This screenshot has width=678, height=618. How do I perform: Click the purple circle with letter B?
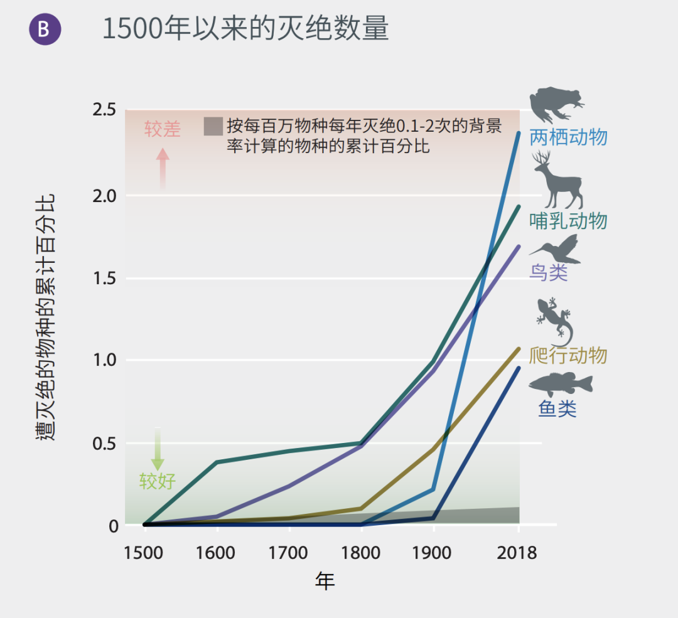point(45,29)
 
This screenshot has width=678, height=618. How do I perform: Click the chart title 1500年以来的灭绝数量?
point(245,29)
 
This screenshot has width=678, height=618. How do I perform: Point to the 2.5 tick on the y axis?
point(104,110)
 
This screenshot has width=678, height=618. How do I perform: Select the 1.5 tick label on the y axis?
point(104,279)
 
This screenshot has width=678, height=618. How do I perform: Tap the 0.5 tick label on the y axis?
point(104,444)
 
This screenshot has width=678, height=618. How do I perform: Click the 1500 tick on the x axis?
point(144,553)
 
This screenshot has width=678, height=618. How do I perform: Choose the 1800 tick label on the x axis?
point(361,553)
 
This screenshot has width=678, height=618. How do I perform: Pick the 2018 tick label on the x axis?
point(518,553)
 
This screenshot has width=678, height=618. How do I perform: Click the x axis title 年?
point(325,581)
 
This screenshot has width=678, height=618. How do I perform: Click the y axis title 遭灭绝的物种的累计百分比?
point(46,317)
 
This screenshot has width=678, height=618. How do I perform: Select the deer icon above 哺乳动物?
point(557,180)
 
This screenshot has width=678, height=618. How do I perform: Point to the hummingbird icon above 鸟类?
point(555,250)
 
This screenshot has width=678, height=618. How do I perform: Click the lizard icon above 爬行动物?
point(554,320)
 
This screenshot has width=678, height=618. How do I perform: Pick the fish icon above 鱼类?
point(560,384)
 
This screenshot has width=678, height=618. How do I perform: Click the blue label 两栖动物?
point(568,137)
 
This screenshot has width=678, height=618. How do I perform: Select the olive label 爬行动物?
point(568,356)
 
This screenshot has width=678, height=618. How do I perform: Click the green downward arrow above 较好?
point(158,449)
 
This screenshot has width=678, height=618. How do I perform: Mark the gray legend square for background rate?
point(213,126)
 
